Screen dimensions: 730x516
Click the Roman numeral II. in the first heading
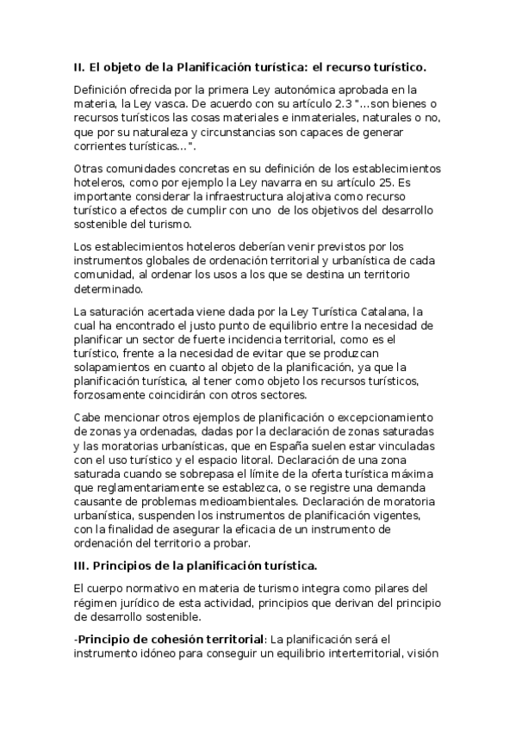tap(80, 66)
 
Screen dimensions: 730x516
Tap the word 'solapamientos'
tap(115, 367)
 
